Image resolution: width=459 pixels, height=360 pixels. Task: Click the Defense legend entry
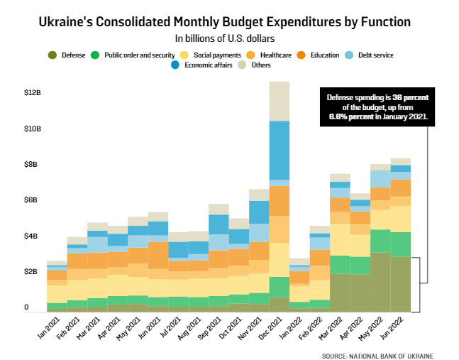pos(68,55)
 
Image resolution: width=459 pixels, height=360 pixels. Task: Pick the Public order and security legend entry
pos(133,55)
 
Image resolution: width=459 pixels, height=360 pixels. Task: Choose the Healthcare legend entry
pos(268,55)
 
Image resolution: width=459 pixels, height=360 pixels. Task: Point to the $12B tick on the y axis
pos(33,93)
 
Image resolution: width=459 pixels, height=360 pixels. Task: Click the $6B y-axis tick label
pos(33,200)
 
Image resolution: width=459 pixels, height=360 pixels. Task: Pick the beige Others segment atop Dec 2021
pos(280,101)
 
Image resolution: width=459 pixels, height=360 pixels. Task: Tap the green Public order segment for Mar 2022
pos(340,264)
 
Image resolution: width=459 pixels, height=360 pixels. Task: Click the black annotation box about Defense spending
pos(378,107)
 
